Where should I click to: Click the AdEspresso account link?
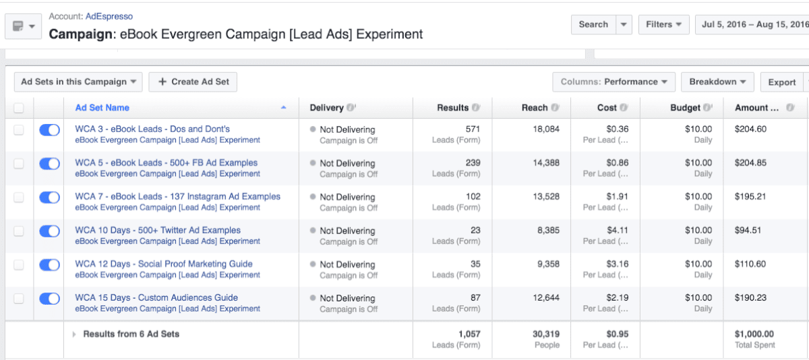(x=109, y=16)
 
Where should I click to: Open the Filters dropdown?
(x=663, y=24)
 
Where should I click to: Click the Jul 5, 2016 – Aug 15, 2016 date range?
(x=752, y=24)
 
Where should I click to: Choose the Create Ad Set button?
(x=193, y=82)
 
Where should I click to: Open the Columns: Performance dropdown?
(x=613, y=82)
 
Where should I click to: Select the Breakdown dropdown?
(x=717, y=82)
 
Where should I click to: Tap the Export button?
(x=782, y=82)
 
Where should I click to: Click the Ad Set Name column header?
(x=102, y=108)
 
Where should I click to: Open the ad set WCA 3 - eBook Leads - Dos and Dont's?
(x=152, y=129)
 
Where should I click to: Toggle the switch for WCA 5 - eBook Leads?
(x=50, y=164)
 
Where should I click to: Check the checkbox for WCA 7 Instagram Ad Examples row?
(x=19, y=198)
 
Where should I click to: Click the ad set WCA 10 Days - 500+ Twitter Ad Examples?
(x=158, y=230)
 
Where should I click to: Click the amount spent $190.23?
(x=750, y=297)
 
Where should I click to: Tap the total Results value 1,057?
(x=468, y=334)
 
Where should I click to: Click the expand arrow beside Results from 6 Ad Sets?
(x=74, y=334)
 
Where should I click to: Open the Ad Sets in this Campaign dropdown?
(x=78, y=82)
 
